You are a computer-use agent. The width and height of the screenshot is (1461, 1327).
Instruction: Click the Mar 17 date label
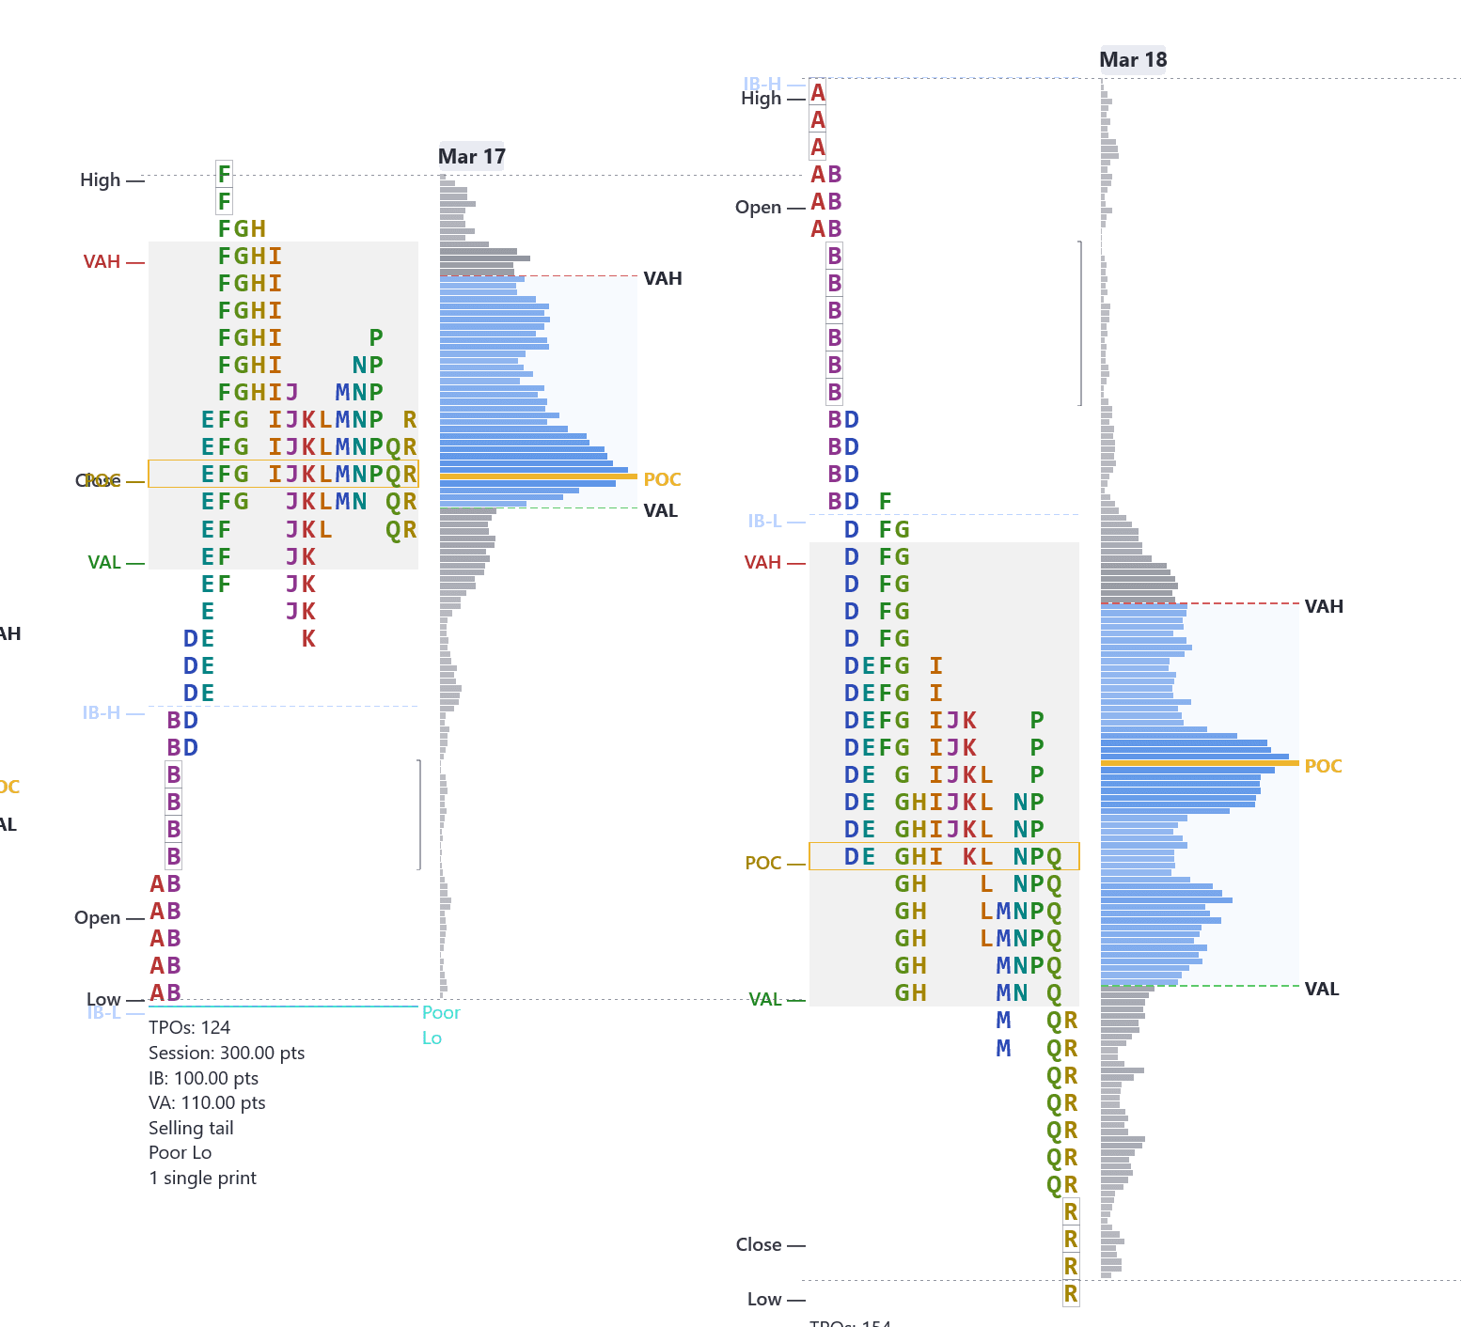point(471,156)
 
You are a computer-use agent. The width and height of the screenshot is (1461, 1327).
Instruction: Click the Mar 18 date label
point(1133,59)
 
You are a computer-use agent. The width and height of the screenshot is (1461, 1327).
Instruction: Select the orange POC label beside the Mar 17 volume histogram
point(662,479)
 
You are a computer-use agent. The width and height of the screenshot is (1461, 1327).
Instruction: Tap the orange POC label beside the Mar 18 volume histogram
point(1323,766)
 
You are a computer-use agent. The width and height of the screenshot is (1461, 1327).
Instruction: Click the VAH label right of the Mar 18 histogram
point(1324,606)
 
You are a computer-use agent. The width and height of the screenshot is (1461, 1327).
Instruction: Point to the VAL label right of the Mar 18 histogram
point(1322,989)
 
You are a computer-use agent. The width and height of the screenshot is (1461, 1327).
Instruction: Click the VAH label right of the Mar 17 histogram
point(663,278)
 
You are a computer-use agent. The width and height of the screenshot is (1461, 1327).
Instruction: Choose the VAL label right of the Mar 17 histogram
point(661,510)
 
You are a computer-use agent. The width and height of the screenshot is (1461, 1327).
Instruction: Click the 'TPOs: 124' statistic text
point(189,1027)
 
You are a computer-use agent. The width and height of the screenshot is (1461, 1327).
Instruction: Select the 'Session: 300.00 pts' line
point(227,1053)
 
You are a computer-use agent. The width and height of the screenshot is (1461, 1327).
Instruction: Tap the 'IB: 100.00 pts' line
point(203,1078)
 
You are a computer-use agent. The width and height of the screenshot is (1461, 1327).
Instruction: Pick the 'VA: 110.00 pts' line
point(207,1102)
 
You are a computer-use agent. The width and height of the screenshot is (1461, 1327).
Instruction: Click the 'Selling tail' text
point(191,1128)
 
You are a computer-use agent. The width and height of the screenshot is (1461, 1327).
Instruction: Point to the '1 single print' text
point(202,1178)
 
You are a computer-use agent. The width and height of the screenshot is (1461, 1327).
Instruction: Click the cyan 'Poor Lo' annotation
point(440,1024)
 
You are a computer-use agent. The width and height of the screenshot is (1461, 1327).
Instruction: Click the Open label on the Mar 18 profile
point(758,207)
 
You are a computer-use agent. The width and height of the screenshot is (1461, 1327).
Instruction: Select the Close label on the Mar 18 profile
point(759,1244)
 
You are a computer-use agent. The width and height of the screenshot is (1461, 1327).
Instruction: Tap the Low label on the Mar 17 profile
point(103,999)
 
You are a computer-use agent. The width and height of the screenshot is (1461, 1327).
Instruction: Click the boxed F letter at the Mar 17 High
point(224,174)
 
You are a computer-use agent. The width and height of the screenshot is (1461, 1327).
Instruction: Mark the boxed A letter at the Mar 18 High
point(818,92)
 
